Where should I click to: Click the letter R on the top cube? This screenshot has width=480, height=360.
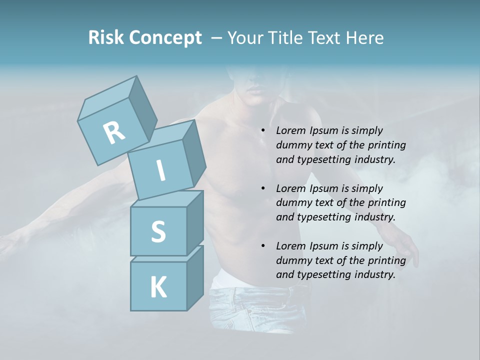coord(114,133)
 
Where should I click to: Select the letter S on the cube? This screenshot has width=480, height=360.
coord(158,231)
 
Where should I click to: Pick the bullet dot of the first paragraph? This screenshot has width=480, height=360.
coord(263,131)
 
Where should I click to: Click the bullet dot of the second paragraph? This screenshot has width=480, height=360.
coord(263,189)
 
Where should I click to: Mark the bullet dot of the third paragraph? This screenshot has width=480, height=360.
coord(263,246)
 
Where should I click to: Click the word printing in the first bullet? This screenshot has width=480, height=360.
coord(387,145)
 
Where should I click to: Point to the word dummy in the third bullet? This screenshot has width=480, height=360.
coord(292,260)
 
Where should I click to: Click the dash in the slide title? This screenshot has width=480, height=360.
coord(216,37)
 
